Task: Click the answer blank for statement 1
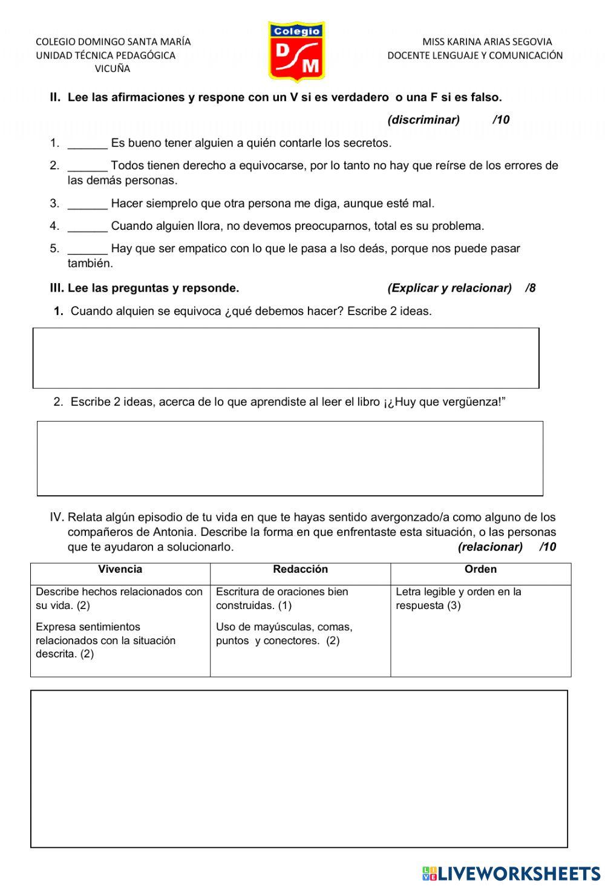[x=88, y=144]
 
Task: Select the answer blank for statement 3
[x=88, y=204]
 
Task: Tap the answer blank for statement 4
[x=88, y=227]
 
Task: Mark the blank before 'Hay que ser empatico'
[x=88, y=249]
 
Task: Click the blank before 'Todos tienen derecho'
[x=88, y=166]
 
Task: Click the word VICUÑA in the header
[x=113, y=69]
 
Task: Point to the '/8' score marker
[x=531, y=288]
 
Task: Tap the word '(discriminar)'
[x=423, y=120]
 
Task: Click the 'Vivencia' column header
[x=120, y=570]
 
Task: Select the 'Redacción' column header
[x=300, y=570]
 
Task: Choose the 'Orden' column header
[x=480, y=570]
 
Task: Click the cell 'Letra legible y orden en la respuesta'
[x=458, y=599]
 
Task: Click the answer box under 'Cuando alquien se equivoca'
[x=286, y=358]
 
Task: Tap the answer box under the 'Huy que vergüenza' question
[x=290, y=458]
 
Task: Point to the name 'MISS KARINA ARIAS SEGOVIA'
[x=487, y=42]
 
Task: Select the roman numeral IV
[x=56, y=518]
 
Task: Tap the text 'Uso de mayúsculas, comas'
[x=284, y=627]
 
